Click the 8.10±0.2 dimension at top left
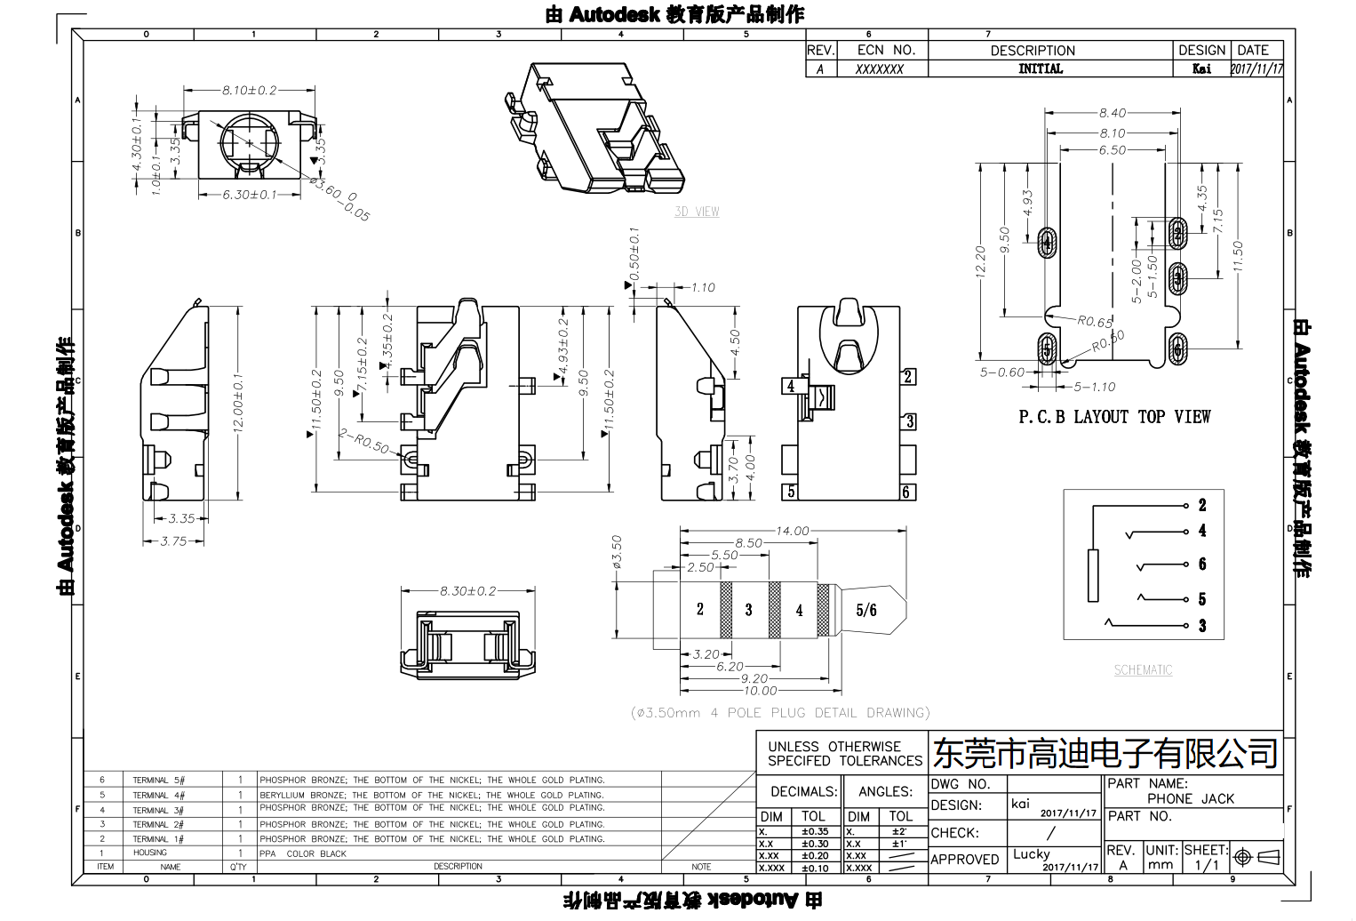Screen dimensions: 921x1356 [249, 91]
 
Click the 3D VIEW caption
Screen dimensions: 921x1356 [697, 212]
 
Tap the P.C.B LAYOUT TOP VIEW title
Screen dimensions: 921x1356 [1113, 417]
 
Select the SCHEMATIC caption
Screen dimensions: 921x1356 [1143, 670]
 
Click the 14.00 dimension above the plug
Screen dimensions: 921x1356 [793, 531]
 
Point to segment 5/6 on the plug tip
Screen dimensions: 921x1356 [866, 610]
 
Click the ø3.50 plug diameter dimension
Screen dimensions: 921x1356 [618, 550]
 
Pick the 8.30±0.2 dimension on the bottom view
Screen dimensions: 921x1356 [467, 590]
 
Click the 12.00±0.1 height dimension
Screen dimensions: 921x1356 [239, 403]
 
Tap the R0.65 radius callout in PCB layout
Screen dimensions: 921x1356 [1095, 323]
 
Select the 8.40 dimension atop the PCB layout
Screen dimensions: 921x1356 [1112, 113]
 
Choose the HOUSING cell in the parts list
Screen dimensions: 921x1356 [150, 853]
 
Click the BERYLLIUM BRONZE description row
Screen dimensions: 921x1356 [431, 795]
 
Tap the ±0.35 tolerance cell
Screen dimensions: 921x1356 [814, 832]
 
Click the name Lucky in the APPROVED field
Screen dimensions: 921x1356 [1031, 853]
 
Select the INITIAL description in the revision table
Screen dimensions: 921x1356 [1040, 68]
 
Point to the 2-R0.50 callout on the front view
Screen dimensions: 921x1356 [363, 441]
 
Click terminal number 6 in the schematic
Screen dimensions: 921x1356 [1202, 565]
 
